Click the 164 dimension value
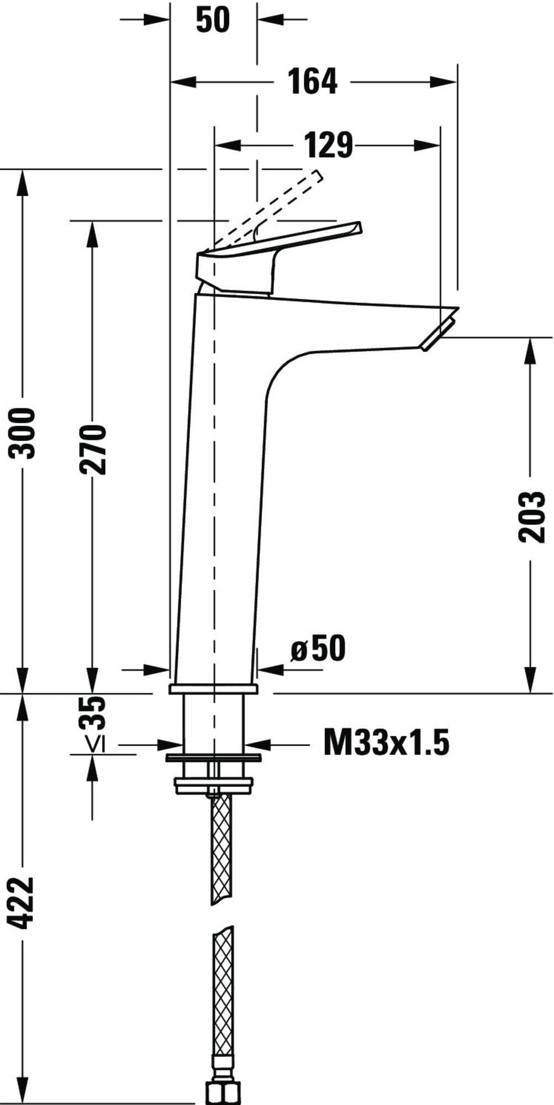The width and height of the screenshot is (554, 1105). pyautogui.click(x=313, y=82)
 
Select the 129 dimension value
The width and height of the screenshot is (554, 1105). pyautogui.click(x=329, y=145)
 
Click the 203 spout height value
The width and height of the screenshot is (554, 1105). pyautogui.click(x=531, y=517)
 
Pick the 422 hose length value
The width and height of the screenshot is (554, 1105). pyautogui.click(x=23, y=902)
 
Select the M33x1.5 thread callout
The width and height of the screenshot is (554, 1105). pyautogui.click(x=386, y=742)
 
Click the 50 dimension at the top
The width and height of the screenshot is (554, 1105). pyautogui.click(x=213, y=20)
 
